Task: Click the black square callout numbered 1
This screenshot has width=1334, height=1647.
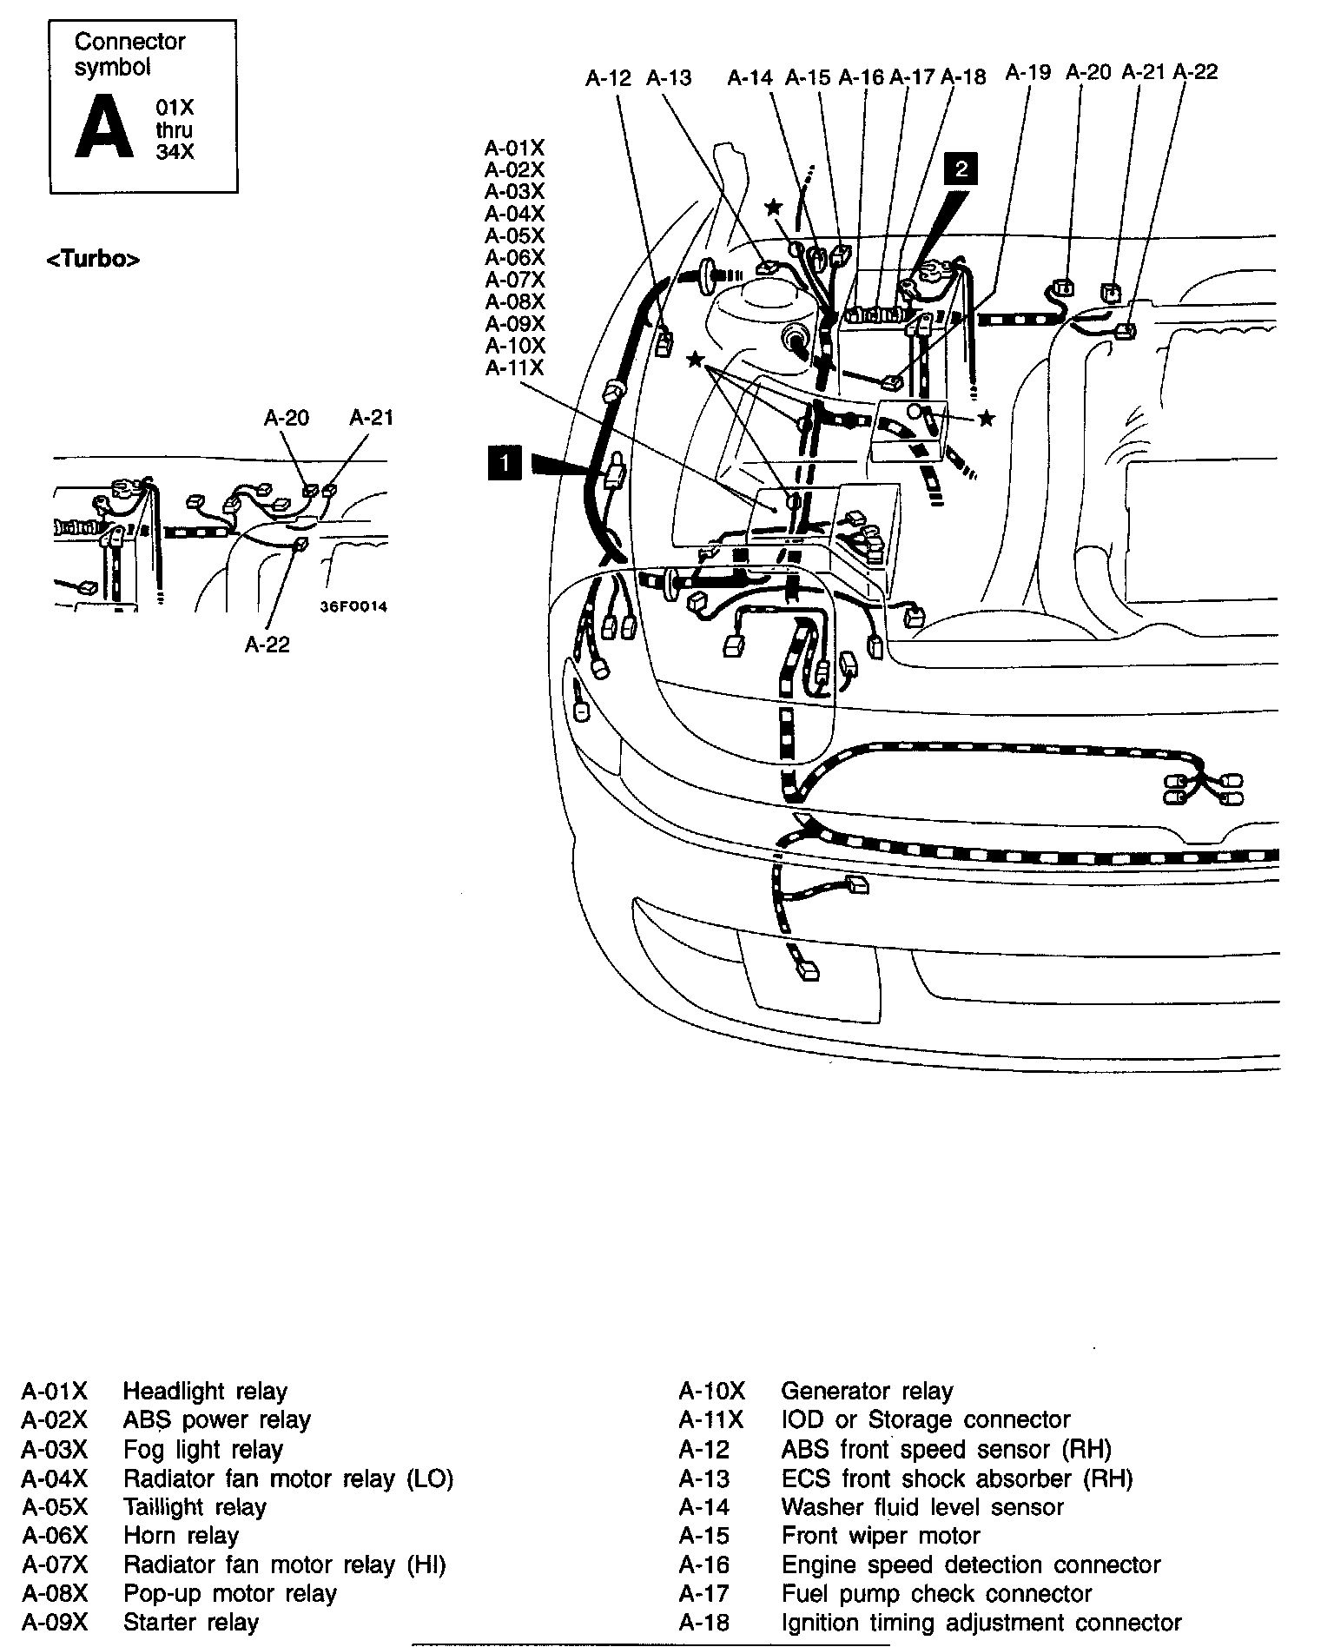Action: point(505,463)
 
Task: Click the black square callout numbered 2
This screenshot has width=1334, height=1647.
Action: point(961,169)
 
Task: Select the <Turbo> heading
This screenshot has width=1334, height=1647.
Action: point(93,259)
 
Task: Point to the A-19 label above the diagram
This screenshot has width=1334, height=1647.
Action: point(1028,73)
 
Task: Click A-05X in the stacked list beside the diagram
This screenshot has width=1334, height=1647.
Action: point(514,236)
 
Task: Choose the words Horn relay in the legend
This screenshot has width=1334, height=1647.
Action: point(181,1535)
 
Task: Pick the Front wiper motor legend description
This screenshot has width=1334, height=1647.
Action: point(880,1535)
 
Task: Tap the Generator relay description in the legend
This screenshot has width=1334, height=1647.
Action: point(866,1391)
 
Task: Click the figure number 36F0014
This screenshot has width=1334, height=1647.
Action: point(353,607)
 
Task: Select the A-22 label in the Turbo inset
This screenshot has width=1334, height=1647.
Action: point(267,645)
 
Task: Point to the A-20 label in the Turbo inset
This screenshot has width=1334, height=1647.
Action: point(287,418)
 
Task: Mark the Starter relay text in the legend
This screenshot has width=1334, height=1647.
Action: point(191,1622)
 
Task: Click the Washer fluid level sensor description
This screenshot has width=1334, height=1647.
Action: point(921,1506)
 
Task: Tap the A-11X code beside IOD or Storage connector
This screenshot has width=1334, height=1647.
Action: point(711,1419)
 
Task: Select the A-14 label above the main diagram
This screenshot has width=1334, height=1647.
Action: point(750,78)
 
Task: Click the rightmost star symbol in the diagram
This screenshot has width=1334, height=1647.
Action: point(987,420)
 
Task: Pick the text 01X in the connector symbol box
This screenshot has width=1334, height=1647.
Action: point(175,108)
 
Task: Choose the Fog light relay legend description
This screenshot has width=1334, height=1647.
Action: point(202,1449)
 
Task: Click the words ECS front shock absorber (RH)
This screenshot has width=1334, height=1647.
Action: point(956,1478)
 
